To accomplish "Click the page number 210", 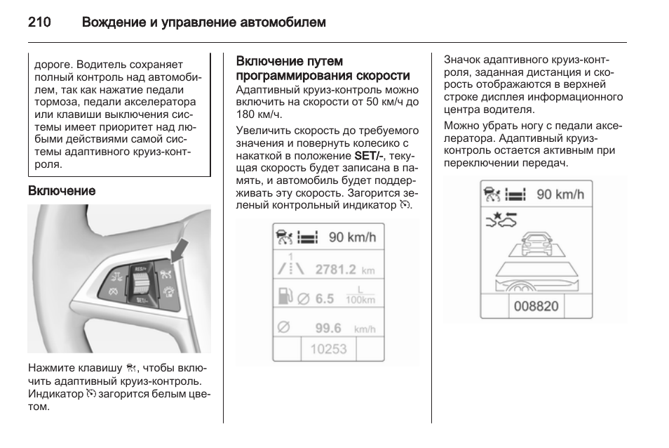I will click(39, 22).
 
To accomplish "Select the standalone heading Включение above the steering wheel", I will click(61, 190).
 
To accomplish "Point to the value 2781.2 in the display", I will click(335, 269).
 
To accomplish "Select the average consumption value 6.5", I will click(324, 298).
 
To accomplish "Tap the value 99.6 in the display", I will click(327, 328).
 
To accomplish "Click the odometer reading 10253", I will click(328, 349).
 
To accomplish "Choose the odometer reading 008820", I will click(536, 306).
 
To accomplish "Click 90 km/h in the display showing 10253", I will click(352, 237).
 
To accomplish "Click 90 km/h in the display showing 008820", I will click(560, 195).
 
